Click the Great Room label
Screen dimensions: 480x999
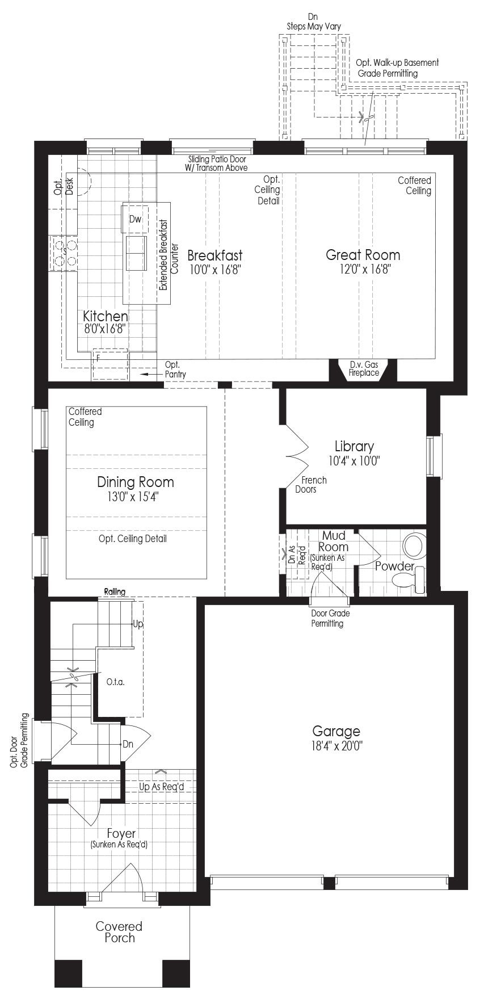point(363,255)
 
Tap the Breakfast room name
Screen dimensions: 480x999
point(214,255)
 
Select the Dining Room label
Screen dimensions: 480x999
point(136,482)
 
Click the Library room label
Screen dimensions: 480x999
point(354,446)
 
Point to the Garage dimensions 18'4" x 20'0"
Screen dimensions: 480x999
point(336,745)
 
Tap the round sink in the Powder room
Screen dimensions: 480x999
point(414,545)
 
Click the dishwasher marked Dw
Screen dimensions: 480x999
point(134,219)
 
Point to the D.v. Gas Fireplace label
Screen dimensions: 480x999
point(364,368)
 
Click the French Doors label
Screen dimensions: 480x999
point(311,484)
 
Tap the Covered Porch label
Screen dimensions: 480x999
point(119,932)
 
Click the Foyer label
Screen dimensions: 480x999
point(121,833)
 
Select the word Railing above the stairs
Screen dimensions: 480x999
point(115,592)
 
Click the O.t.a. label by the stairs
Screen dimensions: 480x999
point(116,682)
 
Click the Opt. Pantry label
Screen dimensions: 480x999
point(175,370)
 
